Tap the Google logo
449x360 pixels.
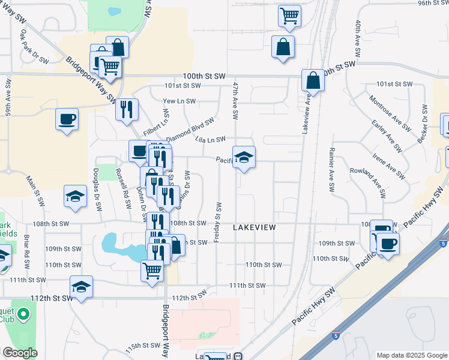point(20,353)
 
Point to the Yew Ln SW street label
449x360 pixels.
point(179,101)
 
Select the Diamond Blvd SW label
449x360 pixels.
point(190,128)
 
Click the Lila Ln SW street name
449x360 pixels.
point(210,139)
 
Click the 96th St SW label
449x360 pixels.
point(434,4)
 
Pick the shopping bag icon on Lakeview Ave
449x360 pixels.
point(313,80)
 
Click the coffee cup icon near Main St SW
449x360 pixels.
point(67,118)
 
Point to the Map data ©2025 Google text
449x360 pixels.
point(411,355)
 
